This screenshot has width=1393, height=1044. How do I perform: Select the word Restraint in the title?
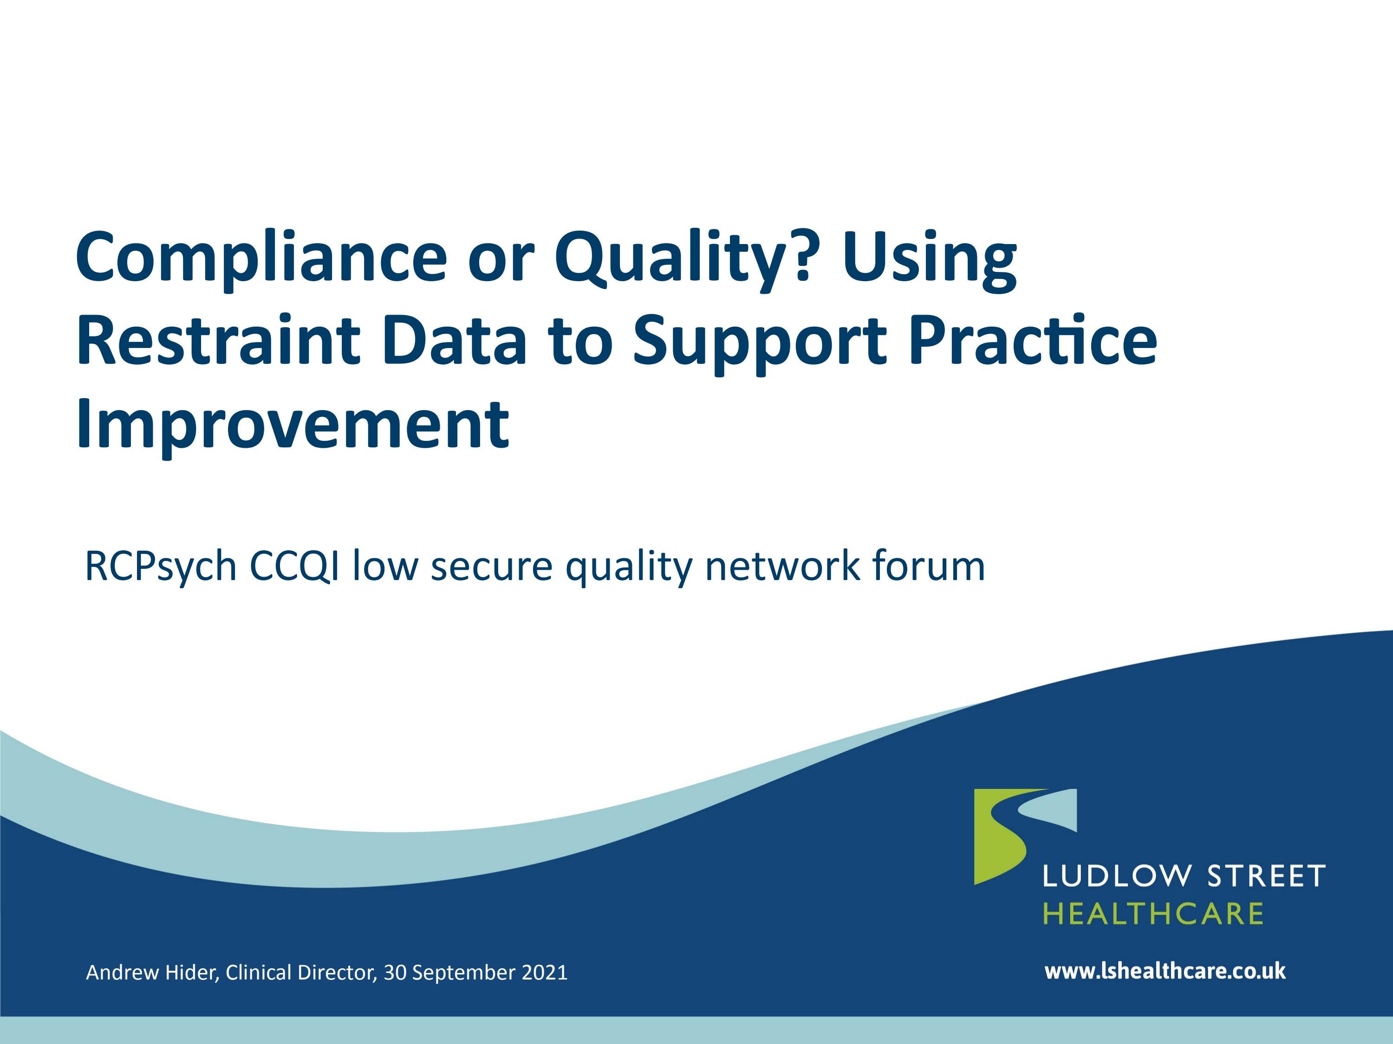click(218, 341)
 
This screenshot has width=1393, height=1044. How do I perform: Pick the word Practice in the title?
click(1033, 341)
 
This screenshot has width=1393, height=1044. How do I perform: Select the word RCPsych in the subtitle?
click(161, 567)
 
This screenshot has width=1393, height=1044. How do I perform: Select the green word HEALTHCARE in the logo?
click(1153, 914)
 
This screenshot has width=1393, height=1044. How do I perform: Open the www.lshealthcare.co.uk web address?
click(1165, 971)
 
